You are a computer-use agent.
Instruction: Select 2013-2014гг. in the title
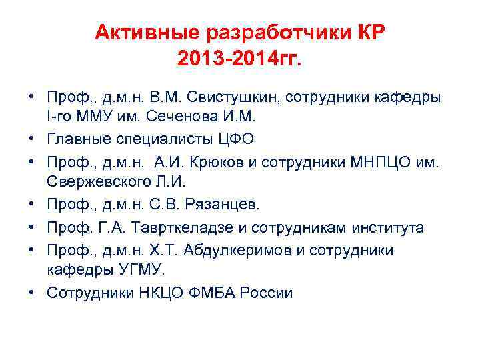240,60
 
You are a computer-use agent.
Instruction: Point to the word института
381,227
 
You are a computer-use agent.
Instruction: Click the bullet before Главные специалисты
32,139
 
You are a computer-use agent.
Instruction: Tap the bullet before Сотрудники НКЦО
32,293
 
